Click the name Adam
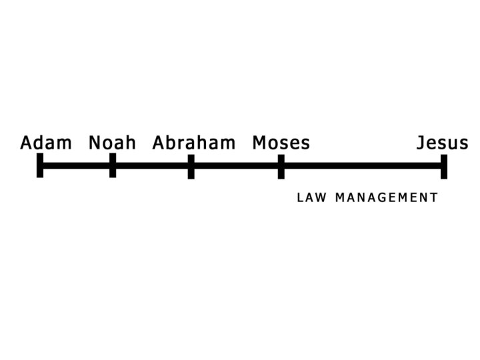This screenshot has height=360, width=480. (46, 143)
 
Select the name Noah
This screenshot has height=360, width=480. (112, 143)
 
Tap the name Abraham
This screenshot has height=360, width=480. (194, 143)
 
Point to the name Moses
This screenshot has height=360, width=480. (281, 143)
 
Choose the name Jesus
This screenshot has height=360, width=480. (442, 143)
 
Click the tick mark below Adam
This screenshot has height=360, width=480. (40, 165)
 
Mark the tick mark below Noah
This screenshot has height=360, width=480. (113, 165)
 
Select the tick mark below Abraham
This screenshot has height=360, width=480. (191, 166)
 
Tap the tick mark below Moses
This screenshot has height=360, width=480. (281, 166)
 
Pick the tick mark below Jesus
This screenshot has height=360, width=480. (444, 166)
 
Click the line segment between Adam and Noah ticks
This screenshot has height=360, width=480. (76, 165)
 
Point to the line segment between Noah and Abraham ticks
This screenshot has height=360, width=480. (152, 165)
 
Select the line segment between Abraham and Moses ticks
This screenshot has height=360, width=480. (236, 165)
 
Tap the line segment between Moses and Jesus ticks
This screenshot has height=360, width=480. (362, 165)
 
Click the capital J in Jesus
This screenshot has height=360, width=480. (421, 143)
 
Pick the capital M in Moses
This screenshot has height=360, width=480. (259, 143)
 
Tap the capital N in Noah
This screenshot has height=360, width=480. (95, 143)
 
